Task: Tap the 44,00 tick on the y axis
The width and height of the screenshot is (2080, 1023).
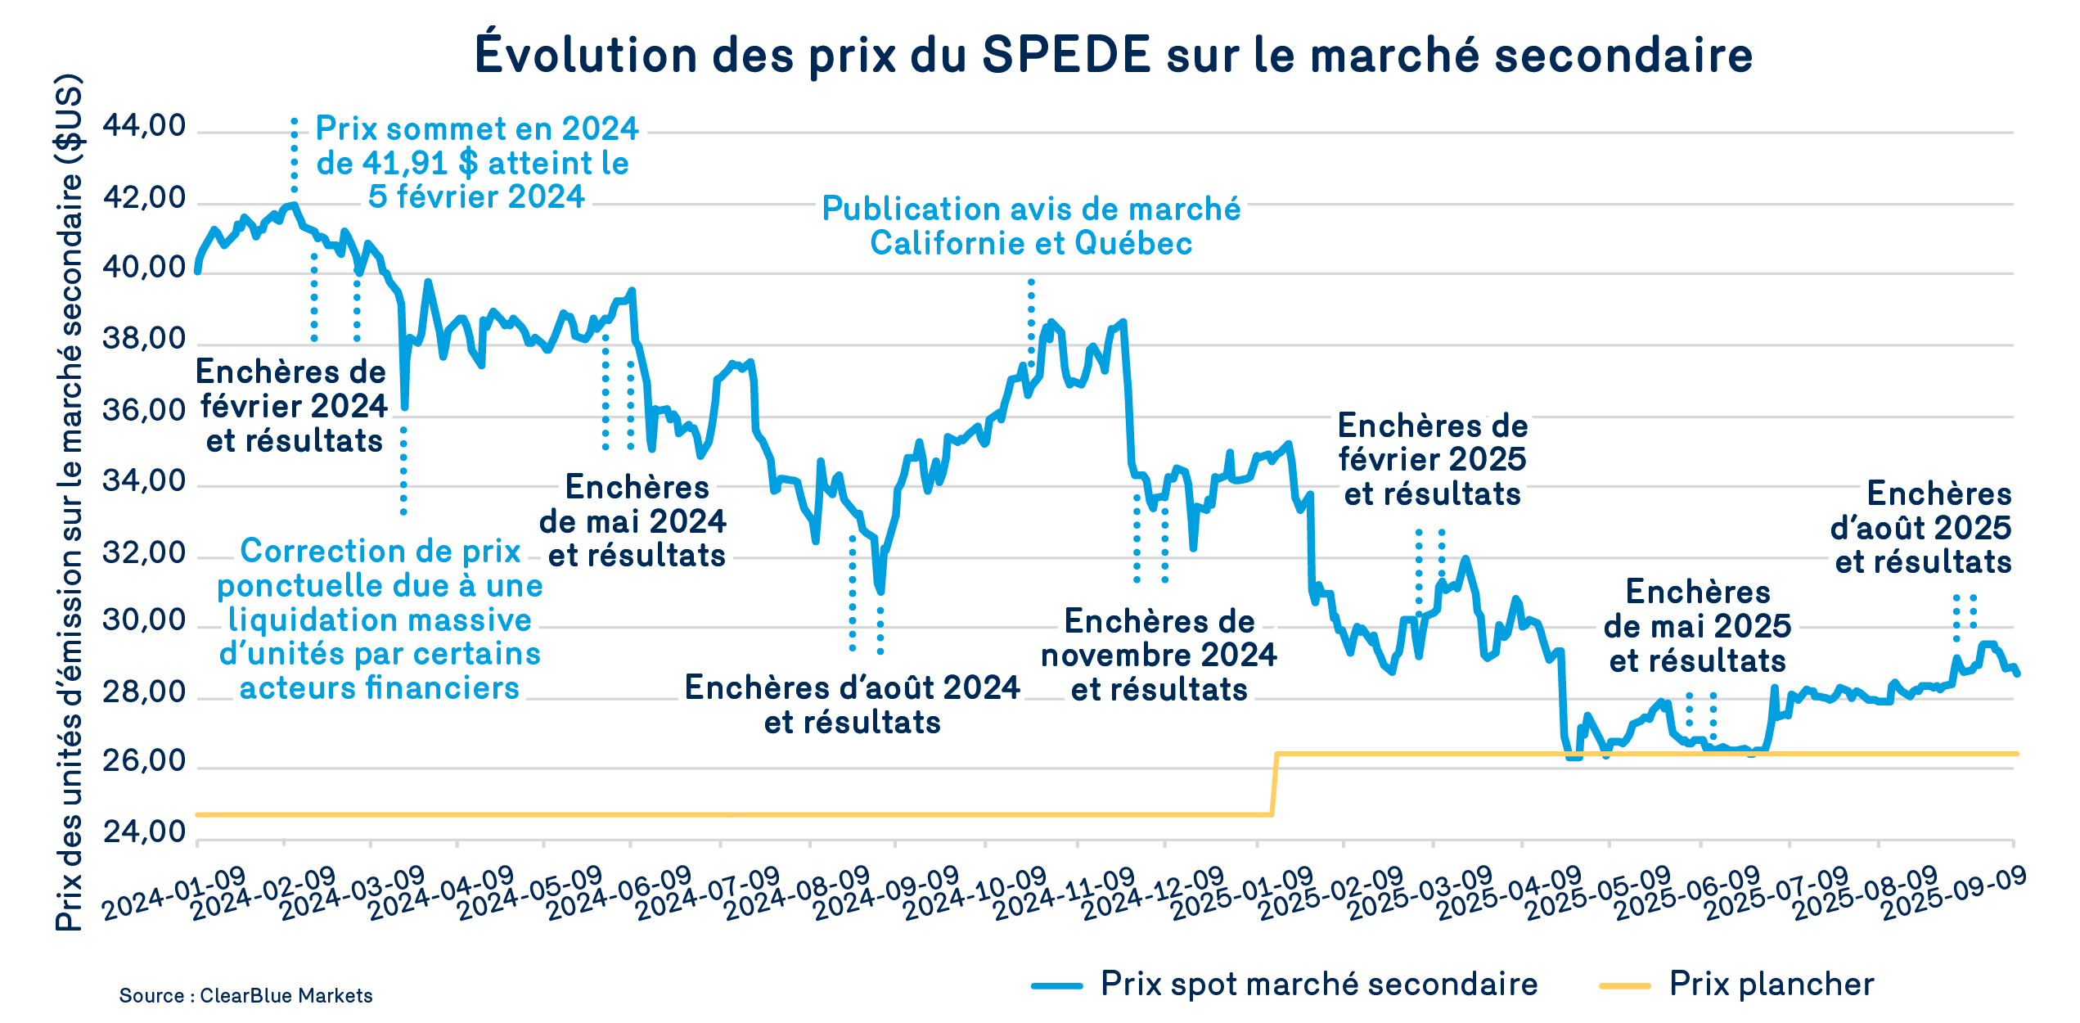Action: pos(144,127)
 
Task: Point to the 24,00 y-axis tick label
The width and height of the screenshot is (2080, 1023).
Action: pos(144,832)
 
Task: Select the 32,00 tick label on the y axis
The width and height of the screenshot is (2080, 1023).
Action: pos(144,554)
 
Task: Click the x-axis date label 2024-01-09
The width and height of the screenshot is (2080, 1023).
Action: pos(173,894)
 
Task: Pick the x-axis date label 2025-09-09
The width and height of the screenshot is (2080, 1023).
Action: pos(1954,894)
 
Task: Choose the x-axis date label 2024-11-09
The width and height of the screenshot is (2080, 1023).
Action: pos(1064,894)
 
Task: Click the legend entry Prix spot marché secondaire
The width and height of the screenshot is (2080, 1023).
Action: pos(1318,985)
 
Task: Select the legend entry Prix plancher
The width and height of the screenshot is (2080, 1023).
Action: pos(1771,985)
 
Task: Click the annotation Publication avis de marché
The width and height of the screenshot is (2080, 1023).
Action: pos(1031,210)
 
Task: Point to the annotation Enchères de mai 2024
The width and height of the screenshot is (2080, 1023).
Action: pos(633,521)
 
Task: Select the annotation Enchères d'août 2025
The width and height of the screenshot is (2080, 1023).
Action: pos(1921,528)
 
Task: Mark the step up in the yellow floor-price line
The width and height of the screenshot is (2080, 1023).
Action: pos(1274,784)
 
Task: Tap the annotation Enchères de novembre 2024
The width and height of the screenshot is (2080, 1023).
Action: pos(1159,656)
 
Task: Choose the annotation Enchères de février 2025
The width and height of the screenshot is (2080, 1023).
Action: pos(1432,460)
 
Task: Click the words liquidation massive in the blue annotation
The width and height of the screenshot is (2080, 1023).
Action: pos(380,620)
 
